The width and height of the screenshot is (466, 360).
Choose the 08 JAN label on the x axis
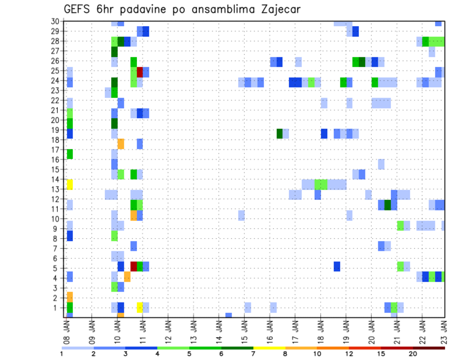[x=67, y=330]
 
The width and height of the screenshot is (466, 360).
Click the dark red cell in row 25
[x=140, y=72]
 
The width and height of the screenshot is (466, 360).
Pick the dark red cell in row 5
[x=133, y=266]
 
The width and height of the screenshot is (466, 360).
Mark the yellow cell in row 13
[x=69, y=184]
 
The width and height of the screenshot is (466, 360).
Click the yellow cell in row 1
[x=140, y=307]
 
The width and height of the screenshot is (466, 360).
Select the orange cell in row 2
[x=69, y=297]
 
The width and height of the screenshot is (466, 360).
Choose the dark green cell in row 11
[x=388, y=205]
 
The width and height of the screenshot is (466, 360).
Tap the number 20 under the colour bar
[x=413, y=354]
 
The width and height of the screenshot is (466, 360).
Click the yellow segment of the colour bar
[x=269, y=348]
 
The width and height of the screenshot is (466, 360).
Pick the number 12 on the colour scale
[x=349, y=354]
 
